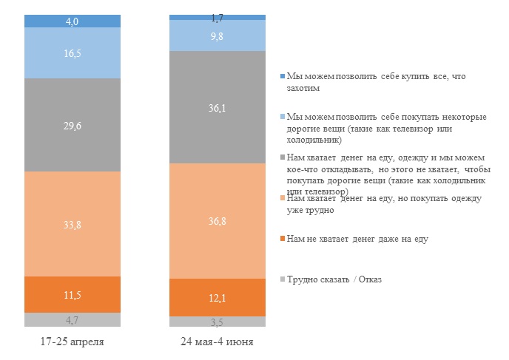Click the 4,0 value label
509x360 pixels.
(x=72, y=21)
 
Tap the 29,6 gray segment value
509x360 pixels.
(x=72, y=126)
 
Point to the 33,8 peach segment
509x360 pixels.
(x=72, y=224)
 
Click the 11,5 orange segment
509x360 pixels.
(x=72, y=295)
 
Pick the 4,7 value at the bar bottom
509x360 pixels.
(x=72, y=320)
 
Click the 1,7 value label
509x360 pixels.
(x=218, y=16)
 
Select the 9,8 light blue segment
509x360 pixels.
(x=218, y=35)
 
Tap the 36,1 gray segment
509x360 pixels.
(x=218, y=107)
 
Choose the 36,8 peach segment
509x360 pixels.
(x=218, y=221)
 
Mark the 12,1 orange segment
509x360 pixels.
(x=218, y=298)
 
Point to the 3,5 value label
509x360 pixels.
(x=218, y=322)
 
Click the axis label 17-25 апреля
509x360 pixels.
(x=72, y=343)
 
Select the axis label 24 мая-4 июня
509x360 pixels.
(x=218, y=343)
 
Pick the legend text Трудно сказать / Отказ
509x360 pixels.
(x=334, y=279)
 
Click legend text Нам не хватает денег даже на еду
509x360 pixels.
(x=357, y=239)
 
